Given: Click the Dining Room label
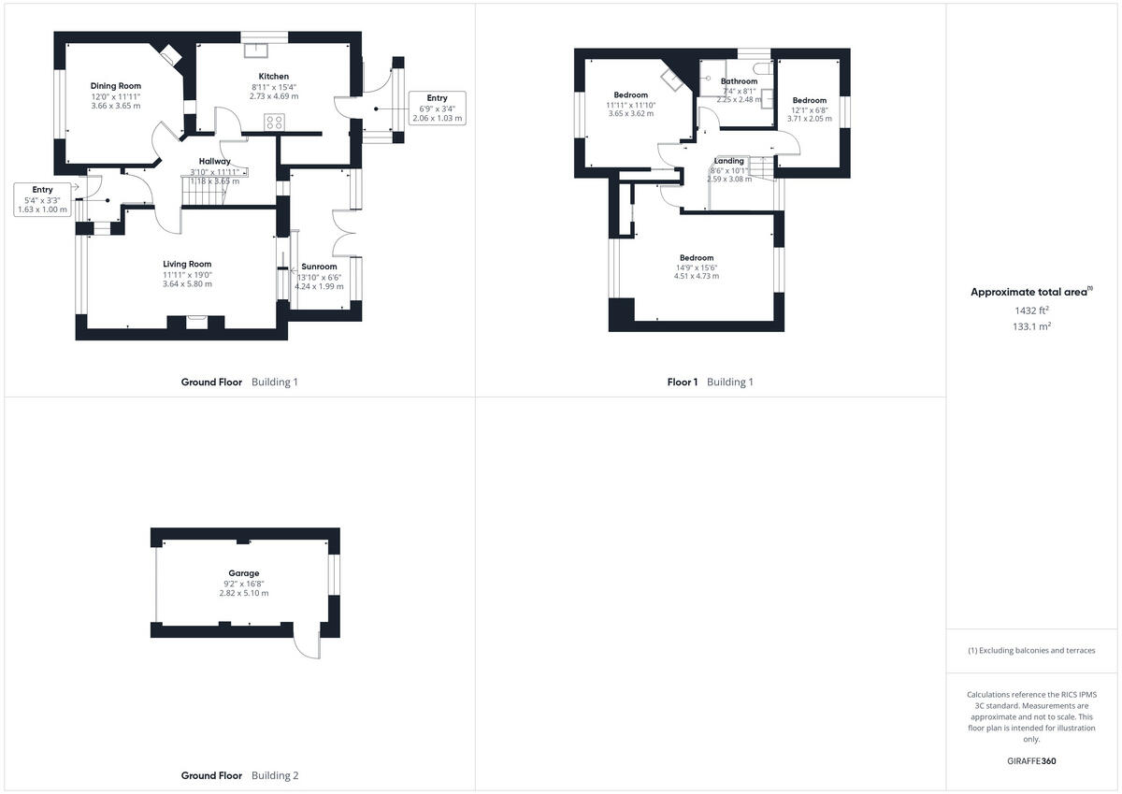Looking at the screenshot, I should [x=116, y=86].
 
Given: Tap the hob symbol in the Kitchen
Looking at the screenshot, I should [x=274, y=122].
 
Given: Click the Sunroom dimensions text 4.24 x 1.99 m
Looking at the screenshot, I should [x=319, y=286].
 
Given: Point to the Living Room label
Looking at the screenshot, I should [x=187, y=264].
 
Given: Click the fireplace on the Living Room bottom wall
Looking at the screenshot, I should [x=196, y=321].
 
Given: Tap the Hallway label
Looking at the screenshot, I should [x=215, y=162].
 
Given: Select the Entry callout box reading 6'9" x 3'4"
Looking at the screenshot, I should [x=437, y=108].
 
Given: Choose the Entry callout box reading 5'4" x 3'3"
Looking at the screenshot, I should [x=43, y=200].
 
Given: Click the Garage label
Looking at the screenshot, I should [x=244, y=573].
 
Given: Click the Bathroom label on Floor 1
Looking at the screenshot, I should [x=739, y=81].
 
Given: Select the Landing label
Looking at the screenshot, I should [x=729, y=161].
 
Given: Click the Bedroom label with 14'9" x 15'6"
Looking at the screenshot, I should [x=697, y=258].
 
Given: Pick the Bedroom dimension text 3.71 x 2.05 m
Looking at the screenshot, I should [x=810, y=119].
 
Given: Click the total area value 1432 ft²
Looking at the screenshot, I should [x=1032, y=310].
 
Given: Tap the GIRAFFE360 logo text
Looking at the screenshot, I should [x=1032, y=761].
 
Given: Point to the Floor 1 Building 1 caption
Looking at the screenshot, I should [x=710, y=382].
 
